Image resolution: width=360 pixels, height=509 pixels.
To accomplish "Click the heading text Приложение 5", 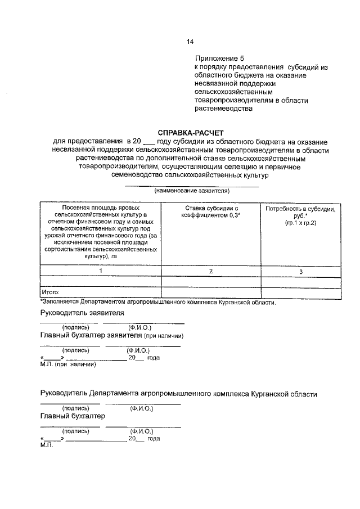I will (220, 58).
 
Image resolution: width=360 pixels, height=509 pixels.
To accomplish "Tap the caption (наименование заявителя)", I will (191, 191).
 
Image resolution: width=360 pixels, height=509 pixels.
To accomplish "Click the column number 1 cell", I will (101, 271).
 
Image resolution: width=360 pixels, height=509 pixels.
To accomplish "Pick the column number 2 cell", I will (211, 271).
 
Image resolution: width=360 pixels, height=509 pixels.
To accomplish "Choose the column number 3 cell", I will (300, 272).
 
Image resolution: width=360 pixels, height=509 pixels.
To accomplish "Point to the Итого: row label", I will (51, 292).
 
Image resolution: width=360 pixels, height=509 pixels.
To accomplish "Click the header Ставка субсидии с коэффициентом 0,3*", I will (211, 211).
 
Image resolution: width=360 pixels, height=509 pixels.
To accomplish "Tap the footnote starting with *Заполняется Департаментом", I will (157, 302).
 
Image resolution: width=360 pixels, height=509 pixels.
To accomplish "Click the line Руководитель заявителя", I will (82, 313).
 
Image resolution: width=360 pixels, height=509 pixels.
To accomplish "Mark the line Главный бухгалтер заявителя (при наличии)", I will (112, 336).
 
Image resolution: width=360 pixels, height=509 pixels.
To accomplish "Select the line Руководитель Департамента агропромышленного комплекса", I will (178, 394).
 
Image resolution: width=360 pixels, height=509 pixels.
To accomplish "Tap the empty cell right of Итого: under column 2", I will (211, 292).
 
